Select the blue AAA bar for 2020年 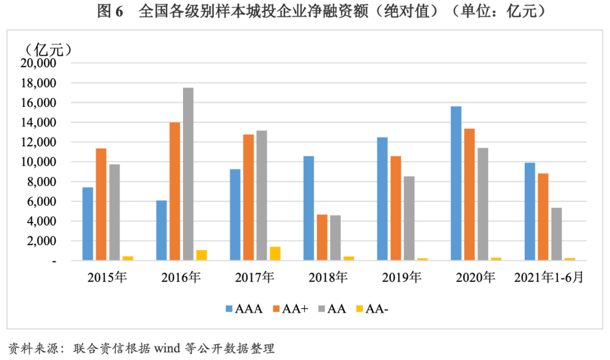tap(456, 183)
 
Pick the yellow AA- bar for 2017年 tap(275, 253)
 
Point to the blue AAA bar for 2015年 tap(88, 224)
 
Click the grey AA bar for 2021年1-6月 tap(556, 234)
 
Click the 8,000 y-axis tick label tap(41, 182)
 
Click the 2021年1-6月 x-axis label tap(548, 277)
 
